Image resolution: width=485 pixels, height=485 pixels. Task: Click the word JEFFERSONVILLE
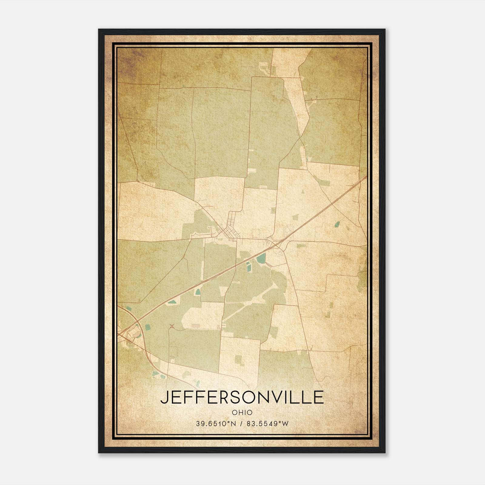[242, 397]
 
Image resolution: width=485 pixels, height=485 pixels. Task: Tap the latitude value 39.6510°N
[216, 424]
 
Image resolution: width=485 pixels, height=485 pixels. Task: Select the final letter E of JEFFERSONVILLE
[318, 397]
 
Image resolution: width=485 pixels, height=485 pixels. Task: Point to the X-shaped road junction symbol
[172, 326]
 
